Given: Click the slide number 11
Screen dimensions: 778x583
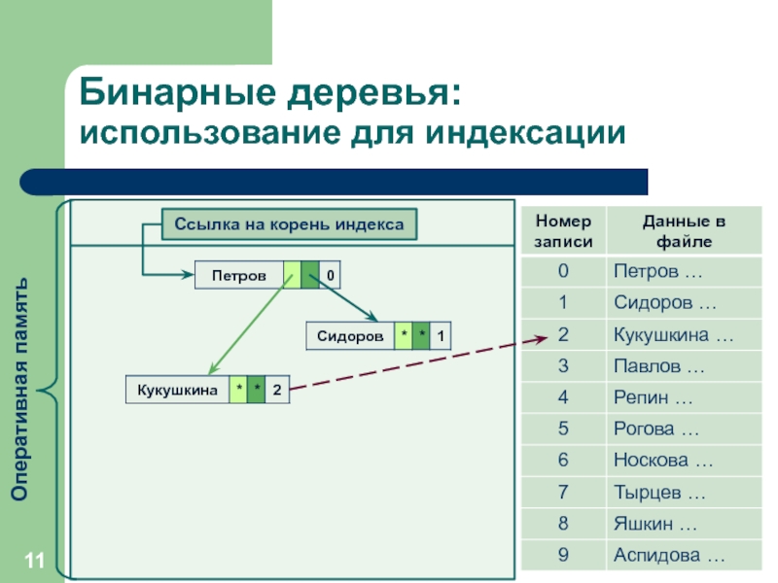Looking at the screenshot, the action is pos(35,561).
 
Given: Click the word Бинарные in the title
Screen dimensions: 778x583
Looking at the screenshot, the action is pos(177,92).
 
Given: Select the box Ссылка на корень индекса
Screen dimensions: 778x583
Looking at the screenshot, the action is pos(289,224).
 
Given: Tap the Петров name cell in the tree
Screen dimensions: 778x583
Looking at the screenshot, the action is pos(239,275).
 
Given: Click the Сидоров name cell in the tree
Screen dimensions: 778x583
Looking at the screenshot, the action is pos(350,336).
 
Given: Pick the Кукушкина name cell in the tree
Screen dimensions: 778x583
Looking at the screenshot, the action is pos(178,391).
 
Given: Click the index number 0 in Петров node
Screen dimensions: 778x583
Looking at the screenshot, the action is pos(330,275).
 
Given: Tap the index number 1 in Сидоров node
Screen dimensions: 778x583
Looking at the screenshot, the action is pos(441,336).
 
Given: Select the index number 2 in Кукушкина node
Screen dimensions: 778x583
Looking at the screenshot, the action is pos(277,391).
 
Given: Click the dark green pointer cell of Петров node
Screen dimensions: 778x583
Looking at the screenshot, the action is pos(310,275).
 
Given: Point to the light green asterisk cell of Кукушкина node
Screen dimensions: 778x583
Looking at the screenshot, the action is pos(238,391).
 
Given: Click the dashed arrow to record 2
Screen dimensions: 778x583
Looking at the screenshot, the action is pos(418,363).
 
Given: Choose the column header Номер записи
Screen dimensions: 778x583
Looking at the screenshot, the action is pos(563,231).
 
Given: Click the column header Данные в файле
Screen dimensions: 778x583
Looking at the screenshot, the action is pos(685,231).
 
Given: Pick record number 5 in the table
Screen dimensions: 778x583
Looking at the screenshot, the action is pos(563,429).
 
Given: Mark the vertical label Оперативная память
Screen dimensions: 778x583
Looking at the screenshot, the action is pos(19,390).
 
